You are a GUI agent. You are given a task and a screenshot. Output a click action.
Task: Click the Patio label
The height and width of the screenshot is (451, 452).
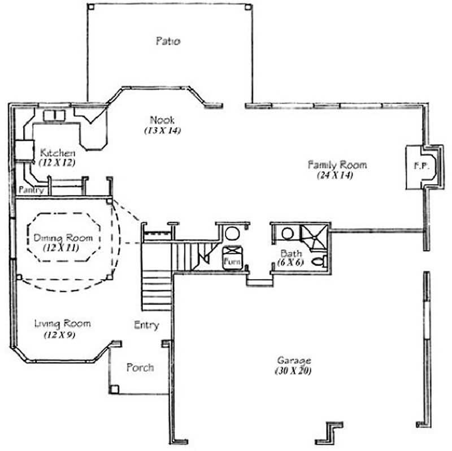click(168, 41)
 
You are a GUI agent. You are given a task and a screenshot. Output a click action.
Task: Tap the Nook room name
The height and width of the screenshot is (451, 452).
click(162, 120)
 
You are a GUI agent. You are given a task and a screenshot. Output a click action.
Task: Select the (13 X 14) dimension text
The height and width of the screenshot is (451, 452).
click(162, 131)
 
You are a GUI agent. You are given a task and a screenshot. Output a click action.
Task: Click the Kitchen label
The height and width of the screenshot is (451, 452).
click(57, 153)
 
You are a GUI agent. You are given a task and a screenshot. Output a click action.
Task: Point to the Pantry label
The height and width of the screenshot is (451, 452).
click(31, 190)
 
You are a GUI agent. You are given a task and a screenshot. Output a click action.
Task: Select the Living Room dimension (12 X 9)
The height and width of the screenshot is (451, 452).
click(60, 335)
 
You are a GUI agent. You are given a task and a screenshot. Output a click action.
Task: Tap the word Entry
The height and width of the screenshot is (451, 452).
click(146, 326)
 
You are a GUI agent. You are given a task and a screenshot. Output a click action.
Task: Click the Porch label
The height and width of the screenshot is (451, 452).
click(140, 367)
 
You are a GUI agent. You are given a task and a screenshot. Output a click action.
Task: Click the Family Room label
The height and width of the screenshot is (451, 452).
click(337, 165)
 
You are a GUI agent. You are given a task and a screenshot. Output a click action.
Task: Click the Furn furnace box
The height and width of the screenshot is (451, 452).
click(232, 261)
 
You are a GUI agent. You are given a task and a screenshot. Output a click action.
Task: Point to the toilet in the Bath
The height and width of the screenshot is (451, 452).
click(320, 261)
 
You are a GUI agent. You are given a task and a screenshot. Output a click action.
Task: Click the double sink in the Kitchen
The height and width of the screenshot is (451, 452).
click(54, 115)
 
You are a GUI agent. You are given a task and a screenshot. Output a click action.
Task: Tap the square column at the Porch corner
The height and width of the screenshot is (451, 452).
click(115, 389)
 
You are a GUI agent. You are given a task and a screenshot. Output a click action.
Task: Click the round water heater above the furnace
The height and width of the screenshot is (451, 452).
click(232, 233)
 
